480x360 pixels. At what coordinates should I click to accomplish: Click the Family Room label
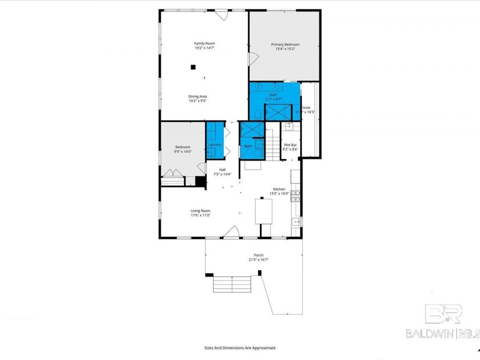[204, 43]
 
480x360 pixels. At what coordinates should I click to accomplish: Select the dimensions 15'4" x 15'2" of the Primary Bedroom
[285, 49]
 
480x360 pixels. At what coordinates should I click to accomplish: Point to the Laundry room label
[215, 145]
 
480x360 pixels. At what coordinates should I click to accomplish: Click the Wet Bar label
[290, 145]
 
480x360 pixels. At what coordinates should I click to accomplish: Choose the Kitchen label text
[279, 189]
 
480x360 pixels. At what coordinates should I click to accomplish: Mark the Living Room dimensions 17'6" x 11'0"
[201, 215]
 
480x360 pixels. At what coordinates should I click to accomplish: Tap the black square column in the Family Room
[193, 67]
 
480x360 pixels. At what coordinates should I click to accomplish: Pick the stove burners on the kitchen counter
[295, 195]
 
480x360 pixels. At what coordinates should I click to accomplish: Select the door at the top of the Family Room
[222, 15]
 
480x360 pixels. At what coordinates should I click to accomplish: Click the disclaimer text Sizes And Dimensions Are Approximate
[240, 348]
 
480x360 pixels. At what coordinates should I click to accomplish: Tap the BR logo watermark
[443, 314]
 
